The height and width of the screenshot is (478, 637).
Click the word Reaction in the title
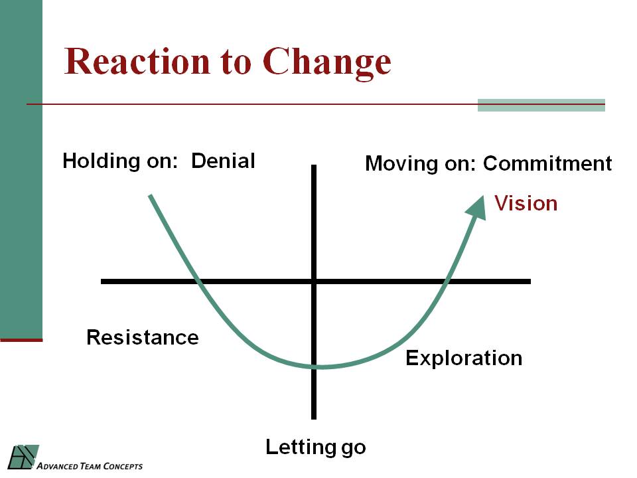pyautogui.click(x=137, y=61)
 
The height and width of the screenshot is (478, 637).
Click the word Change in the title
pyautogui.click(x=327, y=63)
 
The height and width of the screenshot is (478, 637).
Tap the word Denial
pyautogui.click(x=223, y=161)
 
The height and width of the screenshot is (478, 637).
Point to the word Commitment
pyautogui.click(x=547, y=163)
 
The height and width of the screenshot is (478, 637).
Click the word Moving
pyautogui.click(x=402, y=164)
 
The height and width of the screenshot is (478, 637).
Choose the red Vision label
pyautogui.click(x=526, y=203)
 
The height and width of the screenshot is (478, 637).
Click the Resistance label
pyautogui.click(x=143, y=337)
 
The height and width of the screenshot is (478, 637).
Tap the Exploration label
pyautogui.click(x=464, y=358)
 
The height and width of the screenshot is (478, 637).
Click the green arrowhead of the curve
pyautogui.click(x=477, y=207)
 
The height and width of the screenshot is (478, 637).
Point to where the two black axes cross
pyautogui.click(x=314, y=281)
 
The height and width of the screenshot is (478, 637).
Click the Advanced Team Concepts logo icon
pyautogui.click(x=24, y=457)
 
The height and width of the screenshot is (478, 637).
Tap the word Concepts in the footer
pyautogui.click(x=123, y=466)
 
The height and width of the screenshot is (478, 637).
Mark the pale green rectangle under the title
pyautogui.click(x=541, y=105)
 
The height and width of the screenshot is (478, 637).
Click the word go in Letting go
pyautogui.click(x=354, y=449)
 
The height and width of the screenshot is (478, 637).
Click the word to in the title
pyautogui.click(x=236, y=64)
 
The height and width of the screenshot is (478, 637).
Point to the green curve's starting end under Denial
pyautogui.click(x=151, y=196)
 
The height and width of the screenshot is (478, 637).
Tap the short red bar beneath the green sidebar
pyautogui.click(x=21, y=340)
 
